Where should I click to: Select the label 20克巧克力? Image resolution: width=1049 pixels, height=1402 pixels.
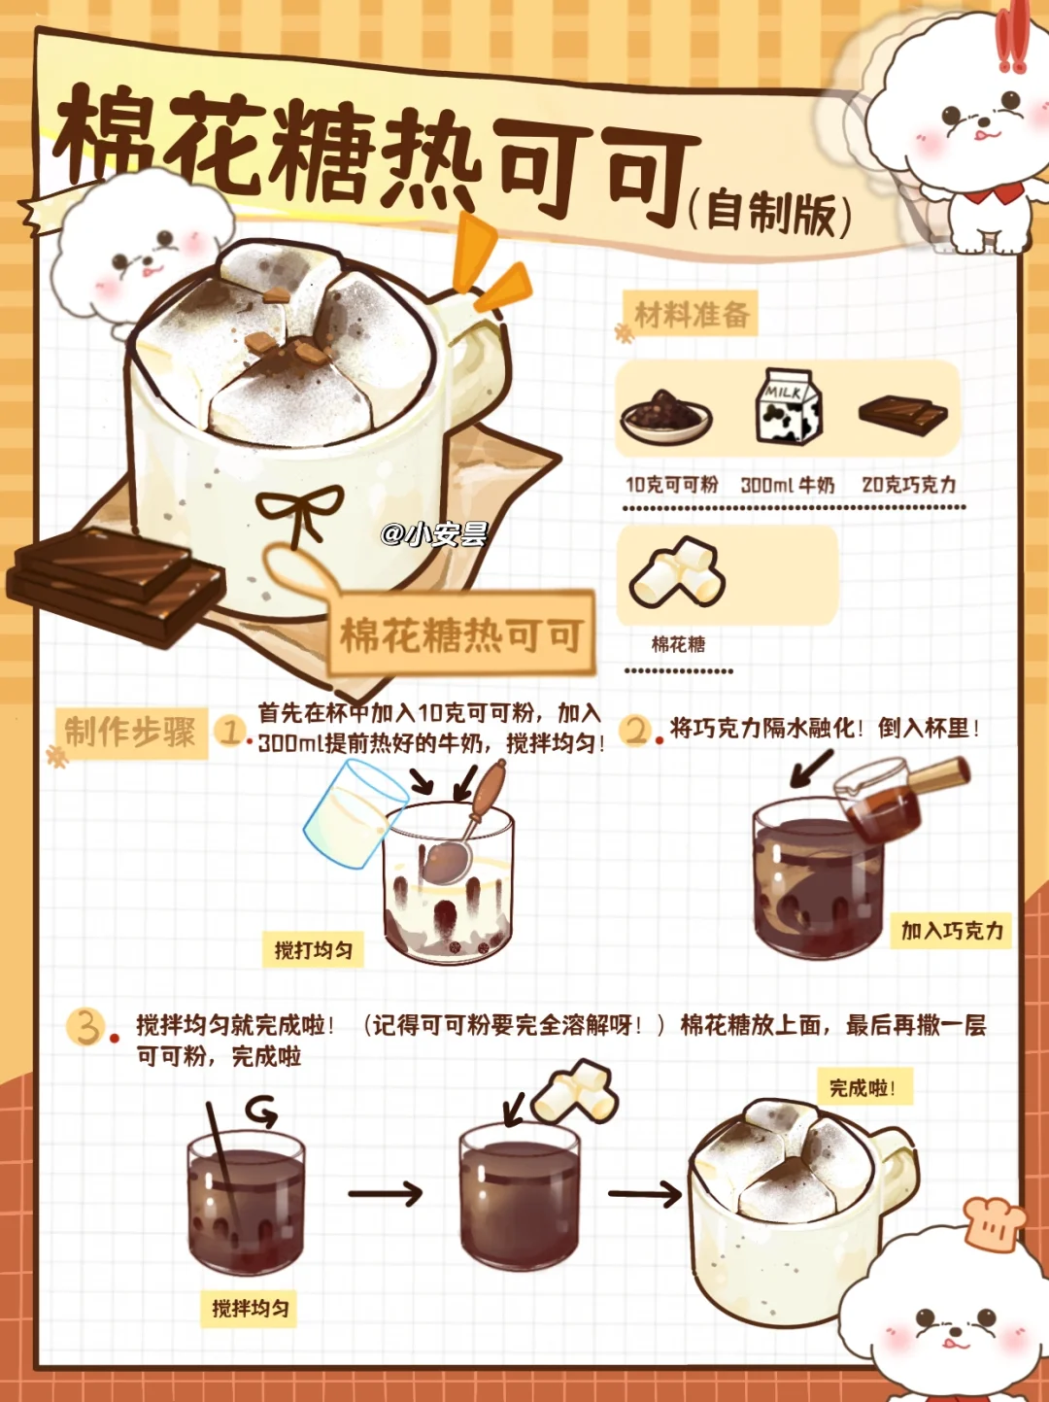point(908,485)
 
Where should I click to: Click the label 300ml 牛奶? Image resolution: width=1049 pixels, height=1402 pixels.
point(787,485)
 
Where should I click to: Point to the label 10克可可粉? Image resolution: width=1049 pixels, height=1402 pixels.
point(672,485)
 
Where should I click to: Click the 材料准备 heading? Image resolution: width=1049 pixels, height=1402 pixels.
point(693,314)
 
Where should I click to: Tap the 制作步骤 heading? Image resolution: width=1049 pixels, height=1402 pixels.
point(130,732)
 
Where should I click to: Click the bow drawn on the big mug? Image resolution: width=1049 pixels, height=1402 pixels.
point(300,512)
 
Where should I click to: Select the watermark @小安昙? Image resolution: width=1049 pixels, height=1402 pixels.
point(434,534)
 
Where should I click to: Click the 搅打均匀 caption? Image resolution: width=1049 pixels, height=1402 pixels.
point(314,950)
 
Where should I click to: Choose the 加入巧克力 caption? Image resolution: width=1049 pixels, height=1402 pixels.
point(951,931)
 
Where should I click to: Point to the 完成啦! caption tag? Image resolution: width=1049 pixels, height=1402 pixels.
point(864,1088)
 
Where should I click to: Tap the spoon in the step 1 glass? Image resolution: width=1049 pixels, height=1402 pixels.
point(469,824)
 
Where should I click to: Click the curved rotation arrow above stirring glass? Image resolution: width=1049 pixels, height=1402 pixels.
point(262,1112)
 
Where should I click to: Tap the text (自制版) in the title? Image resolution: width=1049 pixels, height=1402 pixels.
point(770,212)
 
